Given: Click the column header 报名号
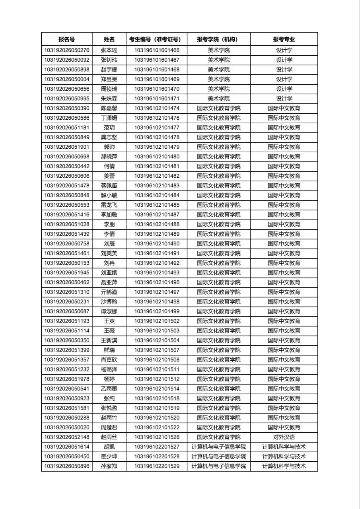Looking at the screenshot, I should pos(66,39).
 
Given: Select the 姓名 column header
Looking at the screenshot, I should pos(109,39).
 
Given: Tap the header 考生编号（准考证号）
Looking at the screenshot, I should pos(157,39).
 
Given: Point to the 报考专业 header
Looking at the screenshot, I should pos(284,39).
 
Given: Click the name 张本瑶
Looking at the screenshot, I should pos(109,51).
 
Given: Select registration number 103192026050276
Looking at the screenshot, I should pos(66,51).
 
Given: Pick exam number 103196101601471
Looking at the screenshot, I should pos(157,99).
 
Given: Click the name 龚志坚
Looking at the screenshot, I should pos(109,137).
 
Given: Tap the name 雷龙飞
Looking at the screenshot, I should pos(109,205).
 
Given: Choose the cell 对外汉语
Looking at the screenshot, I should pos(284,437).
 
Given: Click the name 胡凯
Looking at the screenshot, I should pos(109,447).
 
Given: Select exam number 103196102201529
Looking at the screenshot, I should pos(157,466).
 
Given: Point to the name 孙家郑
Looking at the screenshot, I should pos(109,466).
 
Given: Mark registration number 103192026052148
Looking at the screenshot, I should pos(66,437).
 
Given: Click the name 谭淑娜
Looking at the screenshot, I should pos(109,311).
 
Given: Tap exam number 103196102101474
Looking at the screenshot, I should pos(157,108).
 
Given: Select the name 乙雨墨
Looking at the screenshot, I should pos(109,389).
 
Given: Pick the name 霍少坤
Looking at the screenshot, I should pos(109,457).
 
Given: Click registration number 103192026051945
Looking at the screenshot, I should pos(66,273).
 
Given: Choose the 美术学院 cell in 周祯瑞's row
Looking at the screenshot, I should pos(219,89).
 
